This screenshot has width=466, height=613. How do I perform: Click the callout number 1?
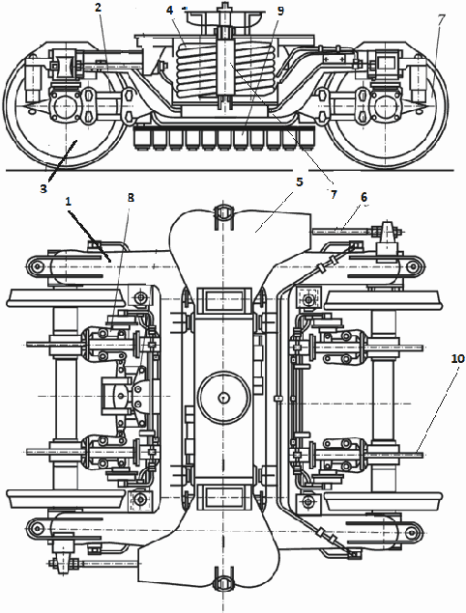pos(69,202)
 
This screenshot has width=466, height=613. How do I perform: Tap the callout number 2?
pos(99,7)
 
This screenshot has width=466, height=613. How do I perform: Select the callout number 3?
pos(44,188)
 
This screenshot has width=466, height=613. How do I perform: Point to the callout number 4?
pos(169,11)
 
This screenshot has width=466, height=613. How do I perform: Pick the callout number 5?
pos(300,181)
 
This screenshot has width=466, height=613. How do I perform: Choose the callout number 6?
pos(364,198)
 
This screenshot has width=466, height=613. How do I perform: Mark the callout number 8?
pos(131,198)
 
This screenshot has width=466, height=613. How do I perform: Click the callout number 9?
pos(280,11)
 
